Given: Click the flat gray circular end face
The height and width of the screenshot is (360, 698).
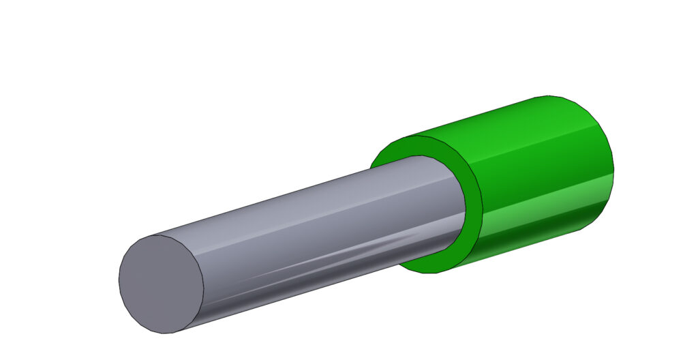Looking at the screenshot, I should (x=162, y=284).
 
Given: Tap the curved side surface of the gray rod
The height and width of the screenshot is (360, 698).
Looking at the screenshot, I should (x=307, y=225).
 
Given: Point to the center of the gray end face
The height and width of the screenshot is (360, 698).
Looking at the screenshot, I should (x=162, y=284).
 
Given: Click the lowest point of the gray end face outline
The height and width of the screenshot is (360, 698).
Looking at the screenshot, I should (x=167, y=333).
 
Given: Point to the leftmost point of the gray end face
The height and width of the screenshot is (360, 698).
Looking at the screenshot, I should (x=119, y=280).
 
